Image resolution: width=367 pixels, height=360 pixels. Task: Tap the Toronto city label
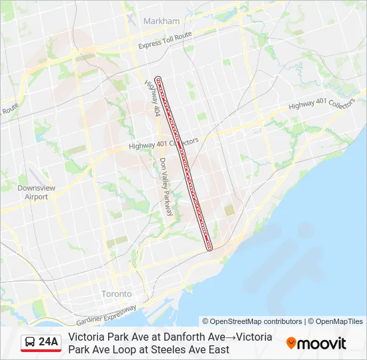(117, 293)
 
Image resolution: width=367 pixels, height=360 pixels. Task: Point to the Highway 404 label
(152, 99)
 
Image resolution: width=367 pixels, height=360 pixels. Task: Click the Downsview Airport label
(32, 192)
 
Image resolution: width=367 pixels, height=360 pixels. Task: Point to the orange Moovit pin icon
(291, 343)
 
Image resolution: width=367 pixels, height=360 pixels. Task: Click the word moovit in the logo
(322, 343)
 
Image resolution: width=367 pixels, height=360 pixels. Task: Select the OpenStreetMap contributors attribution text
(252, 321)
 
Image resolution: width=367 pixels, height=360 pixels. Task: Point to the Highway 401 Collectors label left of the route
(163, 144)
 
